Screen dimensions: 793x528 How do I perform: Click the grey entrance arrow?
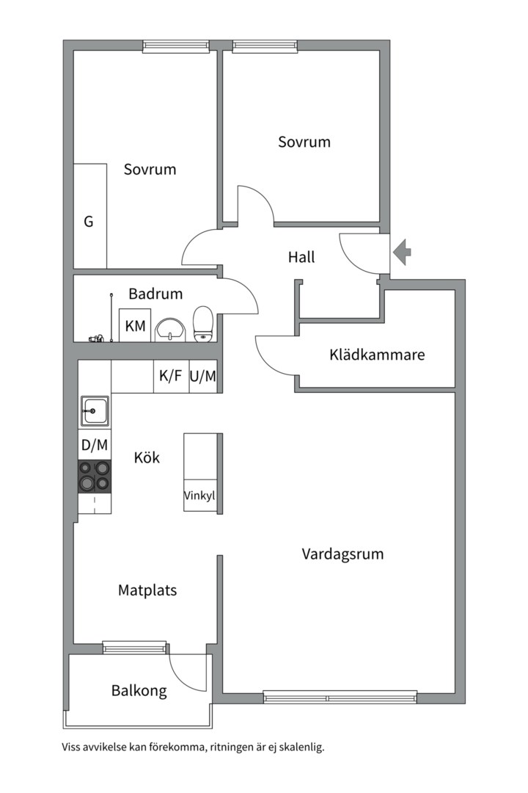403,253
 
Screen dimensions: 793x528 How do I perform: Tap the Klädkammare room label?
377,355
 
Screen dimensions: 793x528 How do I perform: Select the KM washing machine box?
135,325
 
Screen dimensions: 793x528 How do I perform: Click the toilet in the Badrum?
203,324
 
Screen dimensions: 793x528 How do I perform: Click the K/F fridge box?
171,377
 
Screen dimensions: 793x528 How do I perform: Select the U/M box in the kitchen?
203,377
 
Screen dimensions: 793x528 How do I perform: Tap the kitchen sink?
95,411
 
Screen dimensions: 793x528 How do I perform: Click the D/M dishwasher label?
95,444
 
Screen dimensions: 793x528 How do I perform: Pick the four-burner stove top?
95,475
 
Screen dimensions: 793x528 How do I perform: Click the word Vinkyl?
199,495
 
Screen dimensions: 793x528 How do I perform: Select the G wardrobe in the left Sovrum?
89,220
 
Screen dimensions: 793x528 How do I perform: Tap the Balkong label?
139,690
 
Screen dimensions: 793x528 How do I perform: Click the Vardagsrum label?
342,554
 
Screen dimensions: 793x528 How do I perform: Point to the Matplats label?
147,590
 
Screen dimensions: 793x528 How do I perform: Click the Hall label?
301,257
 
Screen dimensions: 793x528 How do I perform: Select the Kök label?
147,457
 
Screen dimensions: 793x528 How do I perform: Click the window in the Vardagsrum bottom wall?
340,697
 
